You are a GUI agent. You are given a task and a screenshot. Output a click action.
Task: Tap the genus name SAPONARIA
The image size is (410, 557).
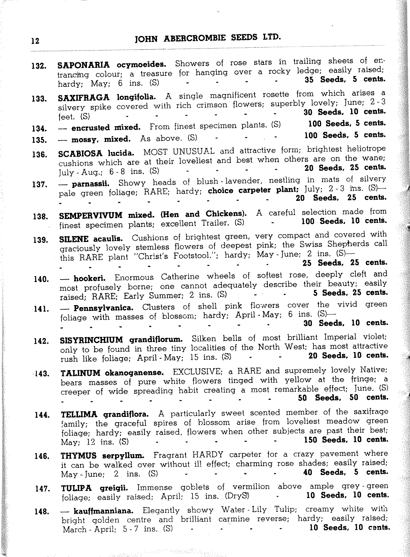tap(84, 65)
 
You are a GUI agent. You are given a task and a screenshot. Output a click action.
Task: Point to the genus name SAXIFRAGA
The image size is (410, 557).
tap(84, 97)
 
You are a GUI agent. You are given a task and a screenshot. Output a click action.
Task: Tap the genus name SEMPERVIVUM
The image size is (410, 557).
tap(91, 215)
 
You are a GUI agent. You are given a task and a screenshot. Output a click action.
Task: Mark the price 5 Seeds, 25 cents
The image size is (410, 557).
tap(351, 293)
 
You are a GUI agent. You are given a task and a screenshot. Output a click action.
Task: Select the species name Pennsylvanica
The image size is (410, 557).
tap(104, 308)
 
